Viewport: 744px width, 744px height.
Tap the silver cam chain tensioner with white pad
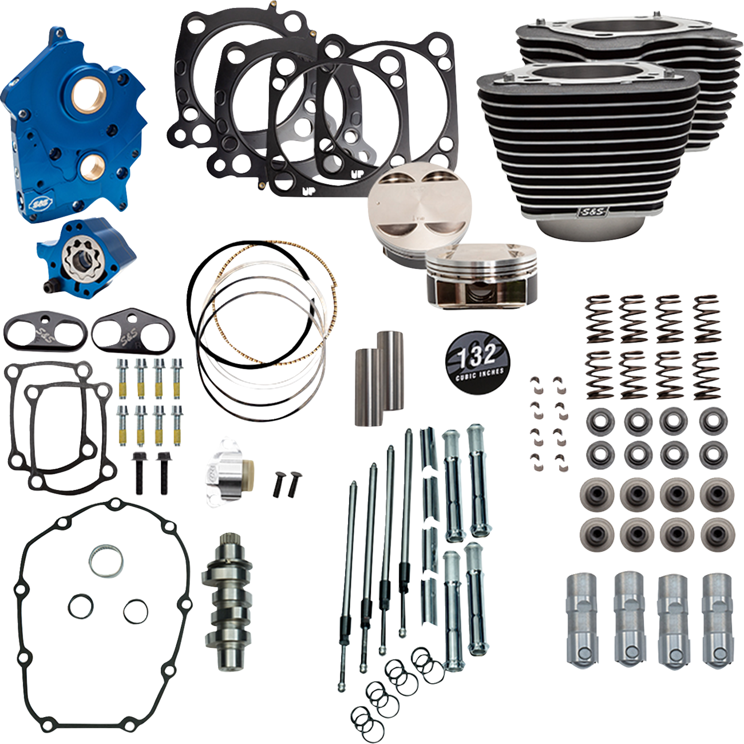point(229,475)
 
